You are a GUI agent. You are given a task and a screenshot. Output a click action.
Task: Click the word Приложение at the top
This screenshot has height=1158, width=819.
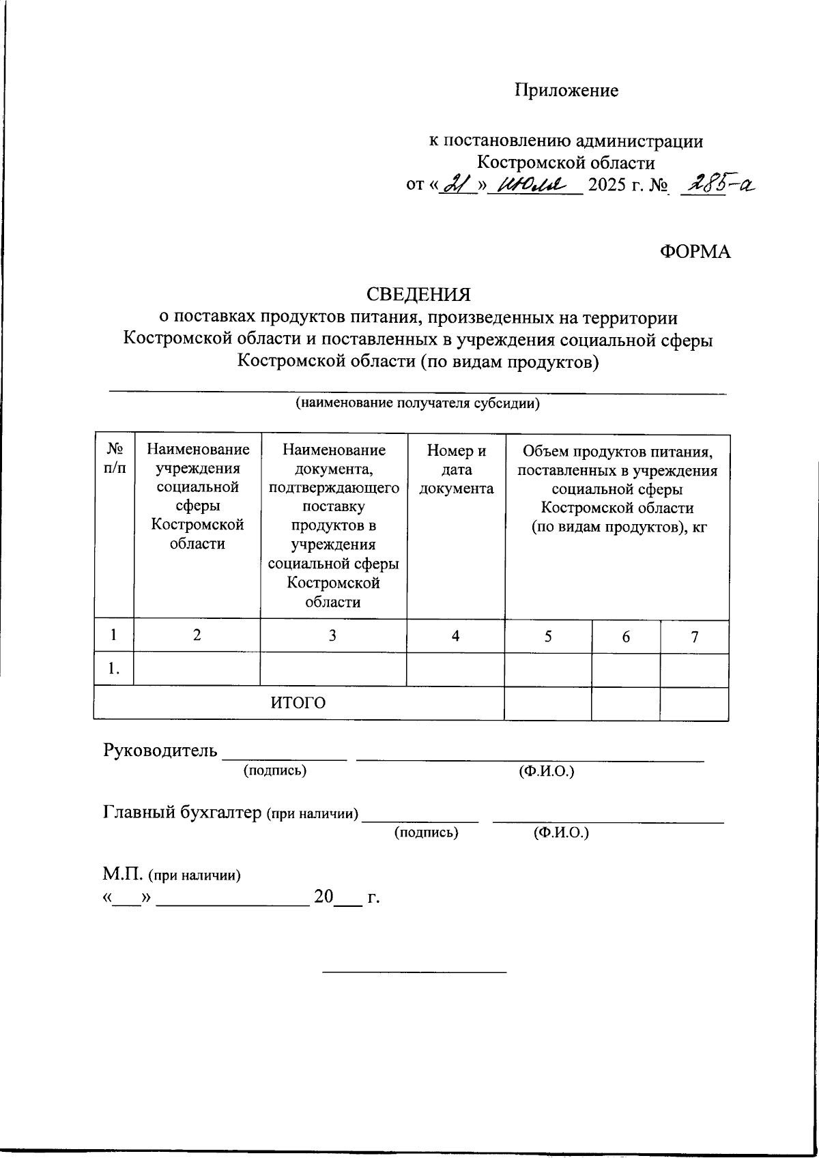(566, 90)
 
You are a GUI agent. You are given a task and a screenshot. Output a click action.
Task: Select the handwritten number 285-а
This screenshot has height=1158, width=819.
(717, 183)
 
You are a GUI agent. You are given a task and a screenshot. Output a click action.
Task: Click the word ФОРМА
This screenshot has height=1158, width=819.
(695, 252)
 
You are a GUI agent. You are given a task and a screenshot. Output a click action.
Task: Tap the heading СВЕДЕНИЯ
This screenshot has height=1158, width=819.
(418, 294)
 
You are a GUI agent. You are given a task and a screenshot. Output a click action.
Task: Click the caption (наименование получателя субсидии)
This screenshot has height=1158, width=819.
(417, 403)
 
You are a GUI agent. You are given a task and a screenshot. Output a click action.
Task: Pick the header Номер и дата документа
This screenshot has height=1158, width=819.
(456, 469)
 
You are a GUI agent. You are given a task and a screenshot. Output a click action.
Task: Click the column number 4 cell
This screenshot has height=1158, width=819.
(455, 636)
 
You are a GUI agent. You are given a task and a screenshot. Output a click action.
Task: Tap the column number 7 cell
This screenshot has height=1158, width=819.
(694, 637)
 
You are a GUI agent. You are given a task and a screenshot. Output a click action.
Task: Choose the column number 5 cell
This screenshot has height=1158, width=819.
(548, 636)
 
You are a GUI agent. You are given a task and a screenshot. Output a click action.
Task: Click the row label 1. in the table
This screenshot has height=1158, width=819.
(114, 670)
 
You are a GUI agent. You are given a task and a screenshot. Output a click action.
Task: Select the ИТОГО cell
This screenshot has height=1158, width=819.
(298, 703)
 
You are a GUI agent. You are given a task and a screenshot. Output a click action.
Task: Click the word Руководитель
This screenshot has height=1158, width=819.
(160, 751)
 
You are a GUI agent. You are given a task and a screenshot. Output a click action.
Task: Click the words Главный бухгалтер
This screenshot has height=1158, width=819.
(182, 812)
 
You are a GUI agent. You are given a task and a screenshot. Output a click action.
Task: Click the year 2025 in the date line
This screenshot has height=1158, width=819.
(607, 185)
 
